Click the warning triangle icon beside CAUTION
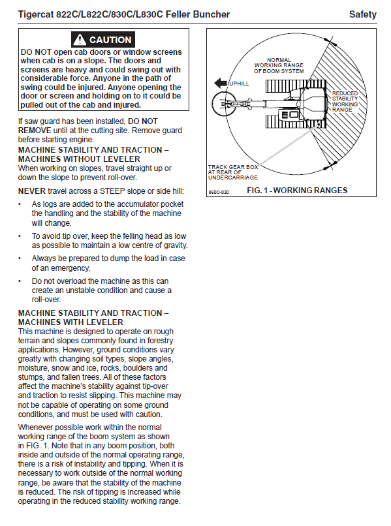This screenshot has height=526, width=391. pos(80,40)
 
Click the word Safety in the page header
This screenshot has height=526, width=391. pos(362,14)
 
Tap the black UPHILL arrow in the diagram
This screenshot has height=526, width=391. pos(221,83)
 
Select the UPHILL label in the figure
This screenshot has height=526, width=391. pos(240,84)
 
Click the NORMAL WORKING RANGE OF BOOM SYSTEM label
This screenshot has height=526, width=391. pos(279,66)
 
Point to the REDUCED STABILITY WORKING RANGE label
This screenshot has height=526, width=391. pos(345,101)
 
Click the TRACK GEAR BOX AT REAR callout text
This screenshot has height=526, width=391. pos(233,172)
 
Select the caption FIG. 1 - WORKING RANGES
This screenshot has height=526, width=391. pos(297,191)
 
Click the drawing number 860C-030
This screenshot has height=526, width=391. pos(219,193)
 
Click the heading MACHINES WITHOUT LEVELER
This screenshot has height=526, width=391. pos(79,159)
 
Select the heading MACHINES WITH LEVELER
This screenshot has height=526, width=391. pos(70,322)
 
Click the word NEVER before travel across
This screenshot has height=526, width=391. pos(31,191)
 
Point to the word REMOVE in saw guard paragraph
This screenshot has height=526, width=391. pos(35,131)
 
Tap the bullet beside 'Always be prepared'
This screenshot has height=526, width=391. pos(20,258)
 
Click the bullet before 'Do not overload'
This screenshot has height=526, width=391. pos(20,281)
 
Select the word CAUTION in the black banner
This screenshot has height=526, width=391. pos(110,40)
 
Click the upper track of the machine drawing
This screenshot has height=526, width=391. pos(296,85)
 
